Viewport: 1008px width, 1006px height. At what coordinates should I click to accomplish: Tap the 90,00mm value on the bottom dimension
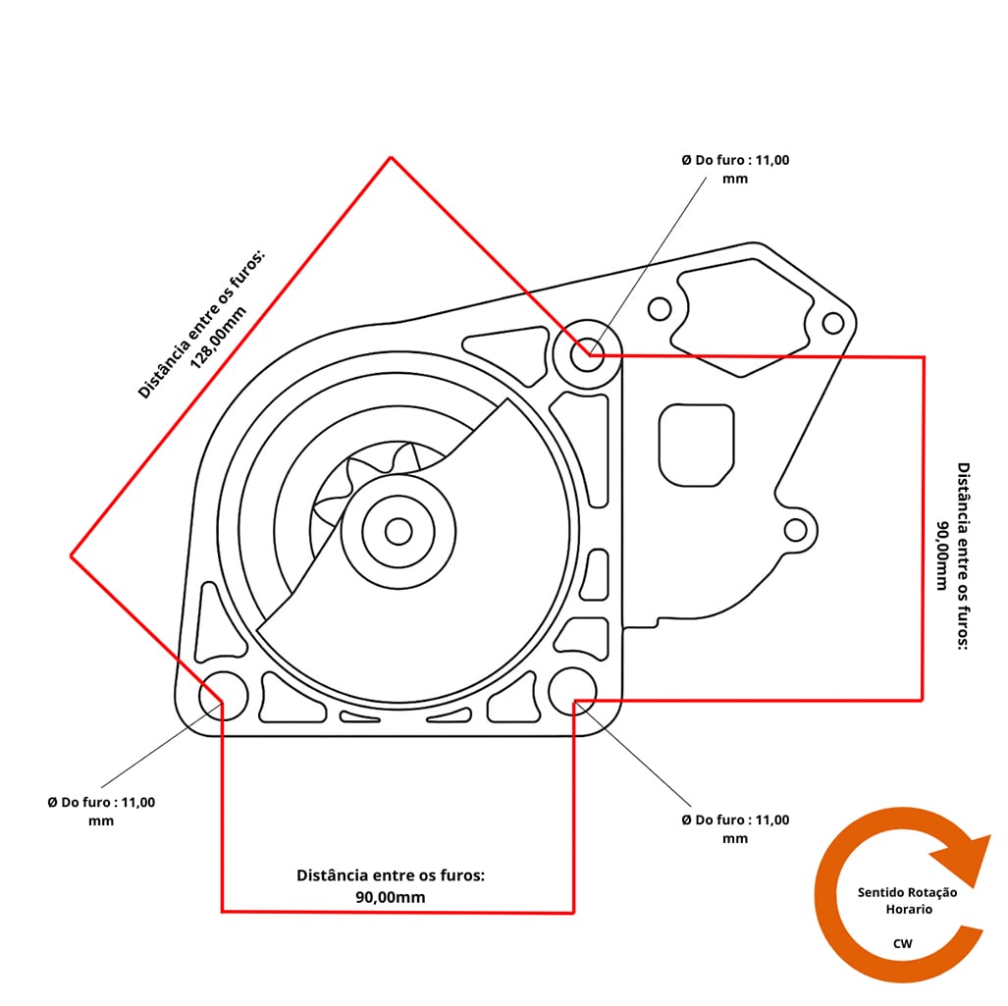coord(391,897)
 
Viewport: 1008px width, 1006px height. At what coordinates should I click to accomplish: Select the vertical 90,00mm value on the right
coord(941,556)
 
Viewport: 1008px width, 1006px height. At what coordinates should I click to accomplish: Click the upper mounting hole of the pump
coord(588,354)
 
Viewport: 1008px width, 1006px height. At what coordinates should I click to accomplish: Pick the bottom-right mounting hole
coord(572,692)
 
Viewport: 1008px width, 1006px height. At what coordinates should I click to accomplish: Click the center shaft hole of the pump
coord(398,531)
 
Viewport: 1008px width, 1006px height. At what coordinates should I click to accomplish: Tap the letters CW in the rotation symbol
coord(902,943)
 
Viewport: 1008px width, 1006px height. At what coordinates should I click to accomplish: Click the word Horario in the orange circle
coord(908,909)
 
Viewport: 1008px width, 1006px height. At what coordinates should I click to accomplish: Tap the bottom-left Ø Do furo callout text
coord(101,811)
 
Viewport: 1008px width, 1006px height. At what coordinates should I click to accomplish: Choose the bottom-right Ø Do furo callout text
coord(735,828)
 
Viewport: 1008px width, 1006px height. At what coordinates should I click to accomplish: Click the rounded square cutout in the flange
coord(696,445)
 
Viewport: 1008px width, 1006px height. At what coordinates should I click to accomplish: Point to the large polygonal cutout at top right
coord(742,317)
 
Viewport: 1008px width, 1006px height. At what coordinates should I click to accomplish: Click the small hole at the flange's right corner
coord(832,322)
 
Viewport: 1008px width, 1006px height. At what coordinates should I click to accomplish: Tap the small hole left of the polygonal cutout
coord(660,310)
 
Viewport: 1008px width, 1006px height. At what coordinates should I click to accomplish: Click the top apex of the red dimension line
coord(391,157)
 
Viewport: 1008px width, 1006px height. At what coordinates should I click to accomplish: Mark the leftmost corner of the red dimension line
coord(71,556)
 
